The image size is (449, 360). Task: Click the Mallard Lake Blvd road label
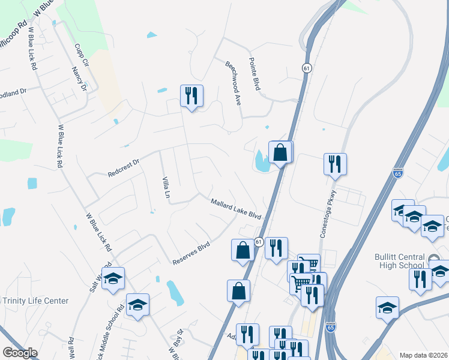pos(237,208)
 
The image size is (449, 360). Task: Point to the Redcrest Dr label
pos(123,167)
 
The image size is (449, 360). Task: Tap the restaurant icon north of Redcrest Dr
pos(191,96)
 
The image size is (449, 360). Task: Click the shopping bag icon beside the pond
pos(280,152)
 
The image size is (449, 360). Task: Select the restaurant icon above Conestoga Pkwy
pos(335,164)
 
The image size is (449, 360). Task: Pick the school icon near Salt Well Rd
pos(113,279)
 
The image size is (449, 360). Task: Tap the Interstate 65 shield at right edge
pos(398,173)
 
